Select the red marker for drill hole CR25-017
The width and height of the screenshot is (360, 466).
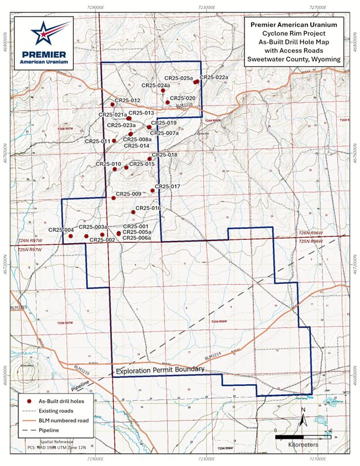coord(152,190)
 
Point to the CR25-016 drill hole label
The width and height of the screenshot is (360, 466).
coord(148,208)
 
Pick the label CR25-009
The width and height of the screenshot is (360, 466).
coord(129,194)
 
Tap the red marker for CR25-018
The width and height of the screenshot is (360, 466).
coord(150,159)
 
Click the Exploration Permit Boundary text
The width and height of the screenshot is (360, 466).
coord(161,373)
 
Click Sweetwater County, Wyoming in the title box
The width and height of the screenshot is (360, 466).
coord(294,59)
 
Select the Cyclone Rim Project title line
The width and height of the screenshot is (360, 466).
coord(294,34)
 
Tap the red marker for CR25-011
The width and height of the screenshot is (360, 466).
coord(114,141)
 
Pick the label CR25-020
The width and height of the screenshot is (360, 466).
coord(183,99)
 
